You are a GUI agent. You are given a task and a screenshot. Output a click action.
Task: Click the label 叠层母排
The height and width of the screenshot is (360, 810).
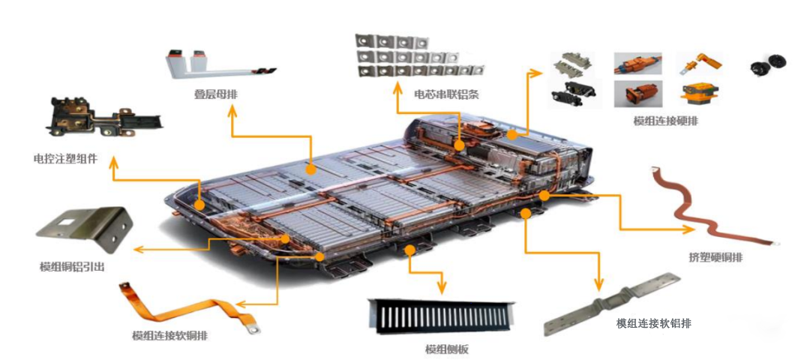point(211,94)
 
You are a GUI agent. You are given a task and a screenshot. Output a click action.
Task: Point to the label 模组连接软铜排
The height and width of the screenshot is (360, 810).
point(170,336)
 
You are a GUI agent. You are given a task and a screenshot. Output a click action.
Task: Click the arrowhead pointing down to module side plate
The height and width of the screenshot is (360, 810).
point(441,289)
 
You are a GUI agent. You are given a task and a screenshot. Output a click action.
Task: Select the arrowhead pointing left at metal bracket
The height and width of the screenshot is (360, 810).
point(139,250)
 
